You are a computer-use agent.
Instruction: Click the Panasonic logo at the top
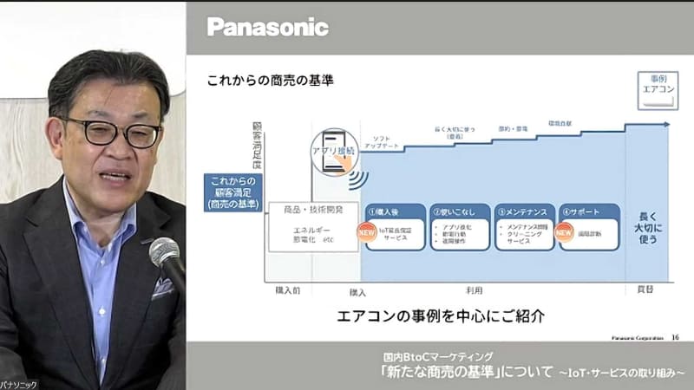(267, 27)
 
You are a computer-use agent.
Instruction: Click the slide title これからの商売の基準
(270, 81)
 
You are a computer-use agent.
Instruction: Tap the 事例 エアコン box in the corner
(658, 90)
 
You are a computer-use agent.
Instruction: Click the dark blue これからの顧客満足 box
(232, 192)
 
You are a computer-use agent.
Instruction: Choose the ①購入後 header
(393, 211)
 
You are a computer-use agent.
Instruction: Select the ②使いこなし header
(459, 211)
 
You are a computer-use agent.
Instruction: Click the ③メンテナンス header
(524, 211)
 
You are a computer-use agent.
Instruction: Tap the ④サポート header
(588, 211)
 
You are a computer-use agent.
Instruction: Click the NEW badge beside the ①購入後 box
(366, 232)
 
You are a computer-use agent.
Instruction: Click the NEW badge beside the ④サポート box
(563, 232)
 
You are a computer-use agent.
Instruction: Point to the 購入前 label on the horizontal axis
(288, 290)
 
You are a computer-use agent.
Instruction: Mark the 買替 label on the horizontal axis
(646, 290)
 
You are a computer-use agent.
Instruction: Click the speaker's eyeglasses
(112, 133)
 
